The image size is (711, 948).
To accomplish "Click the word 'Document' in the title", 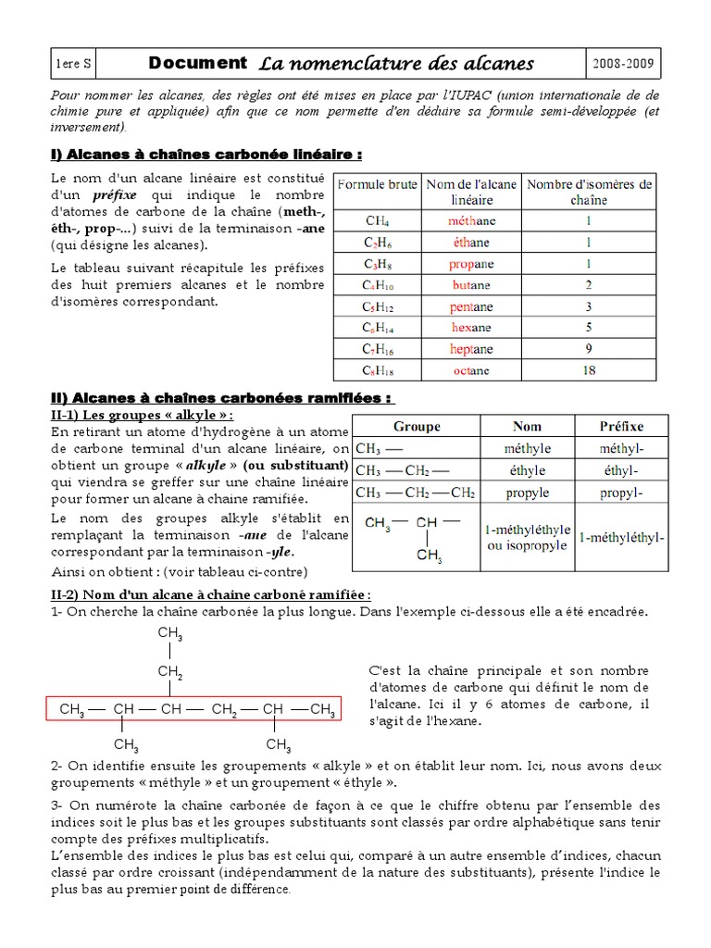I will click(x=197, y=63).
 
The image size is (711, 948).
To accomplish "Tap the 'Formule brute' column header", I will click(x=377, y=184).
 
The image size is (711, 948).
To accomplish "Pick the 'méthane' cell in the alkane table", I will click(x=471, y=221).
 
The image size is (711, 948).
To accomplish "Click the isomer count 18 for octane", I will click(x=589, y=370).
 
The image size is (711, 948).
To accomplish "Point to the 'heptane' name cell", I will click(x=471, y=349).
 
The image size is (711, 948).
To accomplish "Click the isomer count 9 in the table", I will click(x=589, y=349).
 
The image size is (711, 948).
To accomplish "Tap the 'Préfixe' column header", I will click(x=621, y=427).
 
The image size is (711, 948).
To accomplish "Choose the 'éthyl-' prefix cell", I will click(x=621, y=470).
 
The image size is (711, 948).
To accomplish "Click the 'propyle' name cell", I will click(x=528, y=493).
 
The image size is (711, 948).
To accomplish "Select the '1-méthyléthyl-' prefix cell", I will click(x=621, y=538).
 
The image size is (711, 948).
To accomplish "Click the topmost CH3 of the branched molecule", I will click(x=169, y=633).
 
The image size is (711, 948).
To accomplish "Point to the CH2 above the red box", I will click(x=169, y=671).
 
